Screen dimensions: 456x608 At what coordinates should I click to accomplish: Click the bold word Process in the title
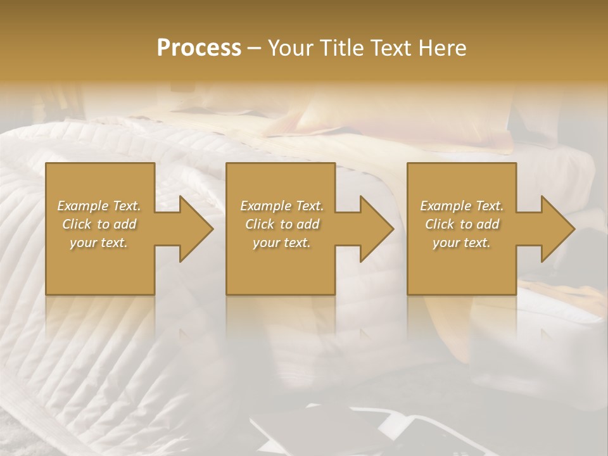click(199, 47)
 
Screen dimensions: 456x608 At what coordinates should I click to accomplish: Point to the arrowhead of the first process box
click(197, 229)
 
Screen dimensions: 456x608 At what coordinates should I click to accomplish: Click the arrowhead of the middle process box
click(377, 229)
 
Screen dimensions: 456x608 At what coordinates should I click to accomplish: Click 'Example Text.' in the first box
click(99, 206)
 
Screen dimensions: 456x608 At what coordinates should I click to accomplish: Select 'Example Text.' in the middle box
click(282, 206)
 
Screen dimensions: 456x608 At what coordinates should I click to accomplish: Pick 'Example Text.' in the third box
click(462, 206)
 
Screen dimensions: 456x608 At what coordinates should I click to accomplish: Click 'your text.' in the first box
click(99, 243)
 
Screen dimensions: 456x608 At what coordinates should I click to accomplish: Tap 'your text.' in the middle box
click(282, 243)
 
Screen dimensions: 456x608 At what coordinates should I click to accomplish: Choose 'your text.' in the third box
click(462, 243)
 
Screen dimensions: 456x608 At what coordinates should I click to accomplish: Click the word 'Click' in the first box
click(77, 224)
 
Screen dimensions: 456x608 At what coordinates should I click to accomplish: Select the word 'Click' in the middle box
click(260, 224)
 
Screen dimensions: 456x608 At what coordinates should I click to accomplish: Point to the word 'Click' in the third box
click(440, 224)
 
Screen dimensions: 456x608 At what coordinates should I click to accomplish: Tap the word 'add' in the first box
click(125, 224)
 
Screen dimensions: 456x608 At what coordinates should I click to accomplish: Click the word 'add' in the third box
click(488, 224)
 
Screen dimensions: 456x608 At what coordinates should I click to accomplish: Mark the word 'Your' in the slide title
click(289, 47)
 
